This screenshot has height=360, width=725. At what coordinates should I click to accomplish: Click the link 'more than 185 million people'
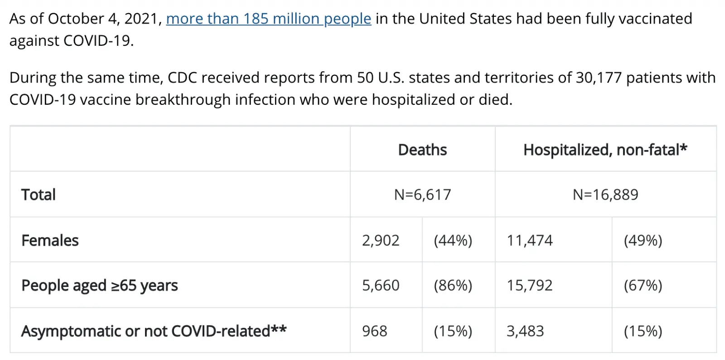point(269,19)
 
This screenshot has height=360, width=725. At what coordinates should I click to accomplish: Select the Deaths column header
point(422,150)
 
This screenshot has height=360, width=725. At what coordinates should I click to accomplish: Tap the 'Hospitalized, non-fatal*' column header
point(605,150)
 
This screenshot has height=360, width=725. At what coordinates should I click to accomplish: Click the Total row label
point(39,195)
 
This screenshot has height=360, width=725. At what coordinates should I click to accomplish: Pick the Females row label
point(50,240)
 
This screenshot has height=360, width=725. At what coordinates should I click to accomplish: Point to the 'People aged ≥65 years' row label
point(100,285)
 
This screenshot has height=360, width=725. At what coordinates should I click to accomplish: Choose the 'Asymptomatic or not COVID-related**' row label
point(154,331)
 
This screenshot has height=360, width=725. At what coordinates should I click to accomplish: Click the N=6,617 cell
point(422,195)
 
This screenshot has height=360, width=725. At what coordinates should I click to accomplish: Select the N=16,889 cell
point(605,195)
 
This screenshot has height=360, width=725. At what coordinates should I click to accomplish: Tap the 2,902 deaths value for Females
point(381,241)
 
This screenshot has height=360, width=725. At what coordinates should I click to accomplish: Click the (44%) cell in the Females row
point(453,241)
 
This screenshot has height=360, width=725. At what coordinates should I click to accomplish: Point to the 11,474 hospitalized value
point(530,241)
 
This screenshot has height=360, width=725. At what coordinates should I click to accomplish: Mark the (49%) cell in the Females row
point(643,241)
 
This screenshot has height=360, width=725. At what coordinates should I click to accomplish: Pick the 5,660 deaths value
point(381,286)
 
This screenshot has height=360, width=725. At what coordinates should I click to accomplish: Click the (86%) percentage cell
point(453,286)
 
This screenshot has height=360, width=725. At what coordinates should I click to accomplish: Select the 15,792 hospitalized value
point(530,286)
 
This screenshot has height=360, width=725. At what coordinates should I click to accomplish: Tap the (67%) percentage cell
point(643,286)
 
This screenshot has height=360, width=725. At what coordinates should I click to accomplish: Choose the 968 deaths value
point(374,331)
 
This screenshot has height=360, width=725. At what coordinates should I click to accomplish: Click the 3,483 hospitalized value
point(525,331)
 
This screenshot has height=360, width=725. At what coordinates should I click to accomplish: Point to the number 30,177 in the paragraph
point(599,78)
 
